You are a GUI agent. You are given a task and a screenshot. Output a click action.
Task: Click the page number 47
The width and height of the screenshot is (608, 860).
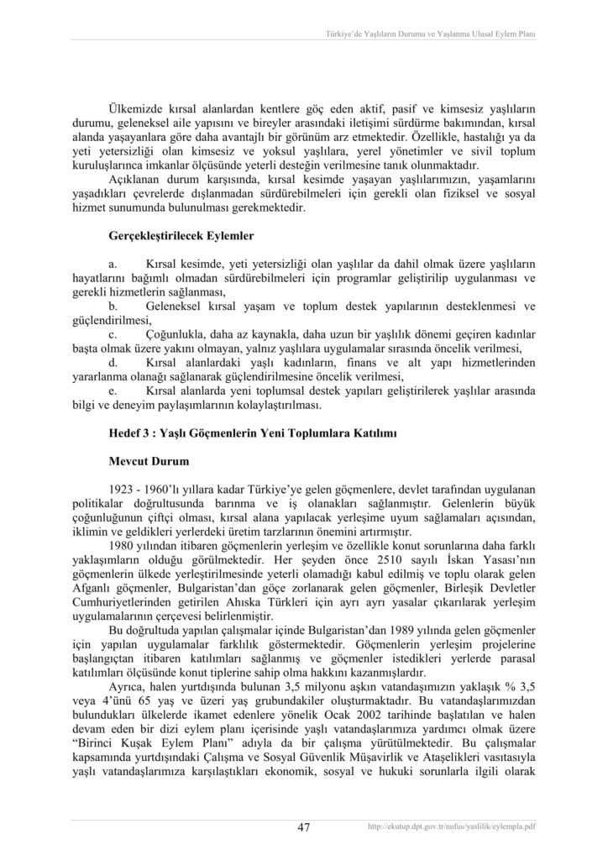coord(304,827)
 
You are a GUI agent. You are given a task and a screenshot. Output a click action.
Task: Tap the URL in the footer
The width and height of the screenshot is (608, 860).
coord(452,827)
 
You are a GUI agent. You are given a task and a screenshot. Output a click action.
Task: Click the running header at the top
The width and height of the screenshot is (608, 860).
coord(431,34)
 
